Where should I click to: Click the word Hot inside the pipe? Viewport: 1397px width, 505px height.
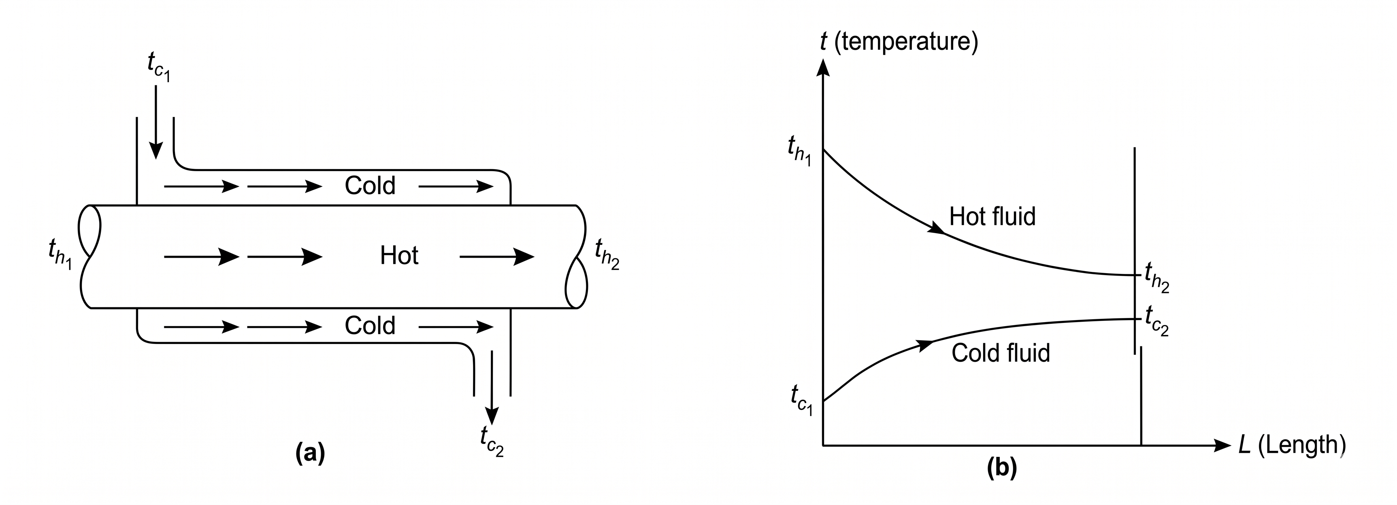pyautogui.click(x=399, y=256)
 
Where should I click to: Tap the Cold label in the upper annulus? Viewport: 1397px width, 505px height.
pyautogui.click(x=370, y=186)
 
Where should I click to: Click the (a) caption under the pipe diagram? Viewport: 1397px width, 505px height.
pyautogui.click(x=310, y=452)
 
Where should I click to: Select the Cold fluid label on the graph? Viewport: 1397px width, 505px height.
pyautogui.click(x=1001, y=353)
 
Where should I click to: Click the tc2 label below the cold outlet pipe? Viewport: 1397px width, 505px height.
pyautogui.click(x=492, y=441)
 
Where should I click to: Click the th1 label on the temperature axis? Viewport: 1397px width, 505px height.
pyautogui.click(x=799, y=151)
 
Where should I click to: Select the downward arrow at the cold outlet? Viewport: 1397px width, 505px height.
pyautogui.click(x=492, y=387)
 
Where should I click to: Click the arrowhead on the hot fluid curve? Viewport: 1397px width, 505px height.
pyautogui.click(x=937, y=227)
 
